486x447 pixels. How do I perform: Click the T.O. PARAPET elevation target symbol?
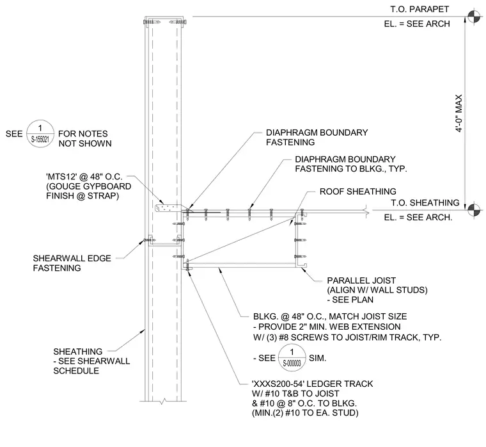click(x=474, y=17)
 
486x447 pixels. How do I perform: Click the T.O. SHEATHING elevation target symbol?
click(x=474, y=210)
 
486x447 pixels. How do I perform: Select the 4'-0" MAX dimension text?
click(x=459, y=113)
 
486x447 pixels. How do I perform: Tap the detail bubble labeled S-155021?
click(x=40, y=134)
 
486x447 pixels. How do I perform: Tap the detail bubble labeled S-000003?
click(x=292, y=357)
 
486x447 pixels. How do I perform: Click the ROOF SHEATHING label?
click(x=357, y=191)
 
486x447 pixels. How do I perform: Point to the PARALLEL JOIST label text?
click(x=361, y=280)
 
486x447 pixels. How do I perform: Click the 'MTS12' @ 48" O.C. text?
click(x=84, y=177)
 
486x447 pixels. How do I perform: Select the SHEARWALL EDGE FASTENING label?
click(x=72, y=263)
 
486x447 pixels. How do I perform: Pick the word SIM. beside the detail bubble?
click(x=317, y=358)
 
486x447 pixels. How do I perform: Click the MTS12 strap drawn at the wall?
click(x=168, y=208)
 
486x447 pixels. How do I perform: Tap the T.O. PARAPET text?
click(x=419, y=10)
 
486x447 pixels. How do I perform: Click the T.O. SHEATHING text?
click(x=425, y=203)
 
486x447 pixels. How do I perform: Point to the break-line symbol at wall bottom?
click(x=163, y=401)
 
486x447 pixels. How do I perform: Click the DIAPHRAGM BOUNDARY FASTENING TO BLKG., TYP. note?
click(x=350, y=164)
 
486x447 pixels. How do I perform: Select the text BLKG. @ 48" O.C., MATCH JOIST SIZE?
click(x=330, y=316)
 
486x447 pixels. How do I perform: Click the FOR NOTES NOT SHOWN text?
click(x=84, y=138)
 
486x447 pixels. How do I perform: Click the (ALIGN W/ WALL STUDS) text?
click(x=377, y=290)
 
